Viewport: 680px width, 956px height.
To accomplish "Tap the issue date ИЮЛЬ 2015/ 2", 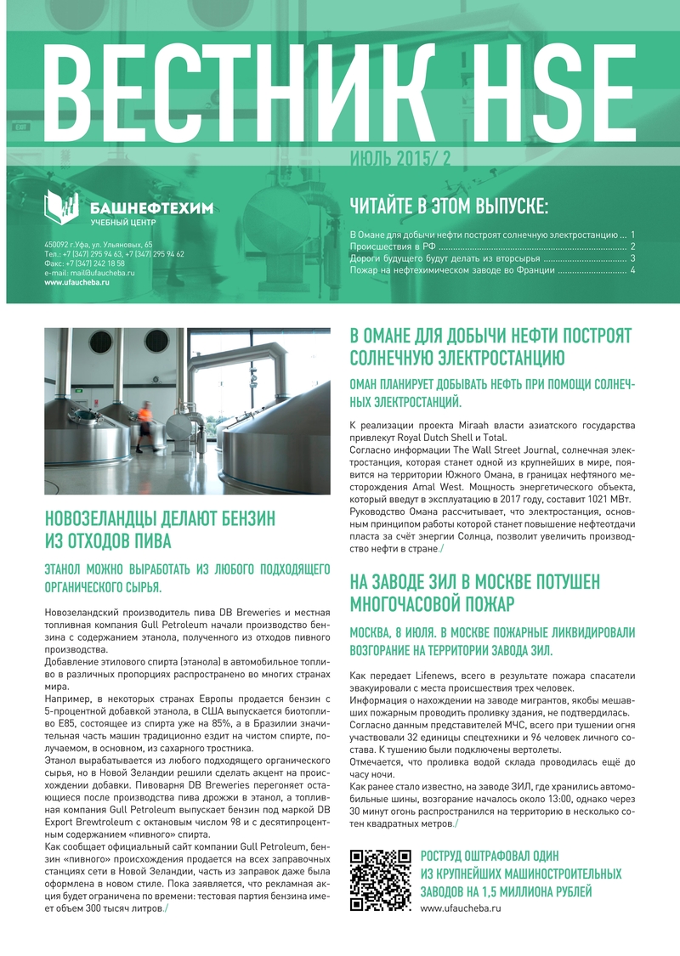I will pyautogui.click(x=400, y=159).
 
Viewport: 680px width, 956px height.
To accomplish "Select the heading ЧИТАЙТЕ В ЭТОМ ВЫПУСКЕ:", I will pyautogui.click(x=450, y=206).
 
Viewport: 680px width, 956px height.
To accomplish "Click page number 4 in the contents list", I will pyautogui.click(x=633, y=270).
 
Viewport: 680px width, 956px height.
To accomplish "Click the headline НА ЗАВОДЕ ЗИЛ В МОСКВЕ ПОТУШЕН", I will pyautogui.click(x=475, y=582).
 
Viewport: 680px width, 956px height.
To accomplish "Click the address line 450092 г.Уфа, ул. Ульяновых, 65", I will pyautogui.click(x=99, y=245).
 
